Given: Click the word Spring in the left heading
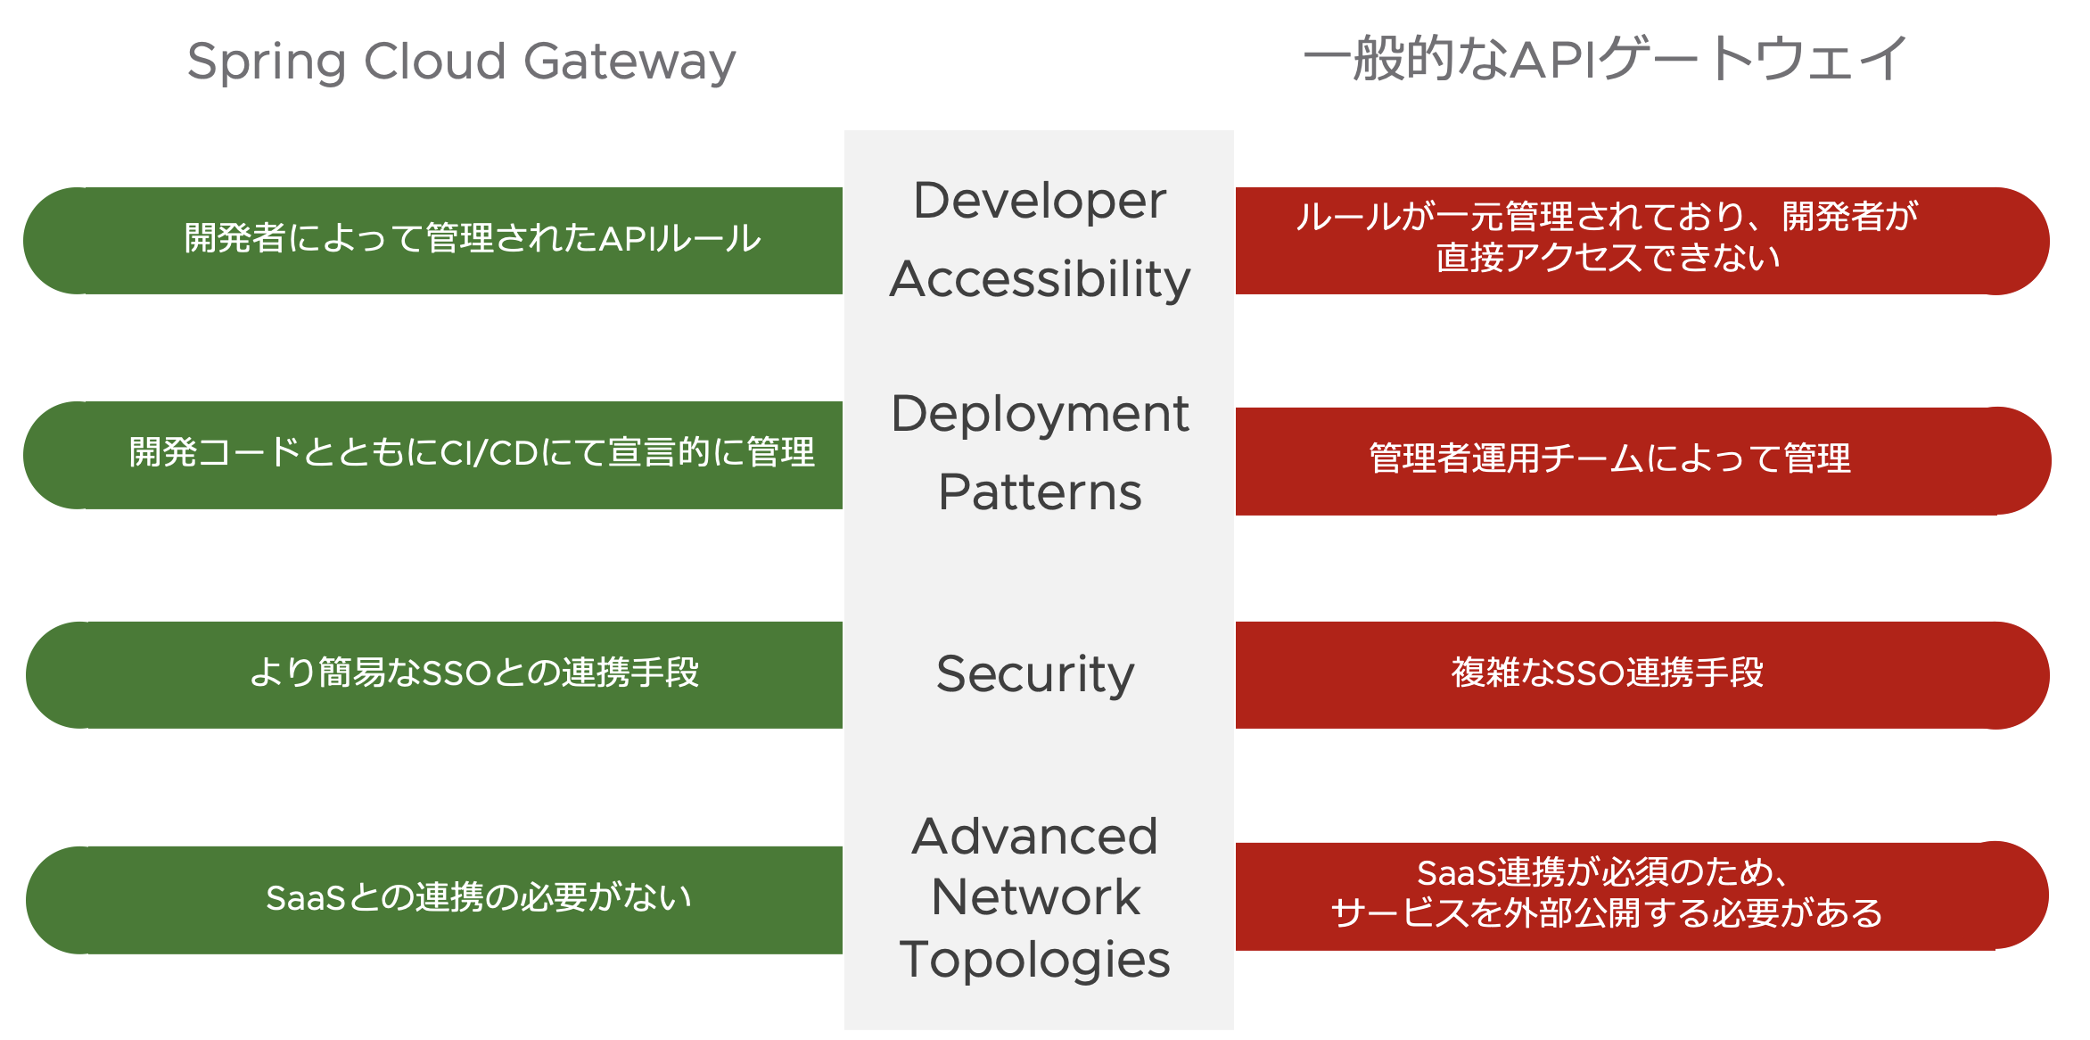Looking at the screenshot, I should click(266, 62).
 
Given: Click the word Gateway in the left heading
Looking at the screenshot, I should click(629, 62).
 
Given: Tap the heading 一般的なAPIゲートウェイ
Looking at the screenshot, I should click(1604, 59).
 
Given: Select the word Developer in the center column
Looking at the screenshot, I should click(1040, 201).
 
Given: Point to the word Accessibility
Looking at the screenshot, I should click(1040, 279).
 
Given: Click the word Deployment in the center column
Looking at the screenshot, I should click(1040, 414).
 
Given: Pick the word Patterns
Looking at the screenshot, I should click(1040, 492).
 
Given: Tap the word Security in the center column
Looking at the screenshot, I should click(1035, 674).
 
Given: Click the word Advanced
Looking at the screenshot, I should click(1034, 837).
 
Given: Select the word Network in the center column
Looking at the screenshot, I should click(1035, 897).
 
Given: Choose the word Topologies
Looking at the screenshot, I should click(1034, 960).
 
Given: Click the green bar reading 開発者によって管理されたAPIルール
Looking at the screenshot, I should click(473, 239).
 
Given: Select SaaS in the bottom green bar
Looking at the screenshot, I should click(305, 898).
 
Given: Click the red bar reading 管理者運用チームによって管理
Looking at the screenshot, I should click(1609, 459).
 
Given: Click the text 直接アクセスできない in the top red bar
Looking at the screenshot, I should click(1608, 259).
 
